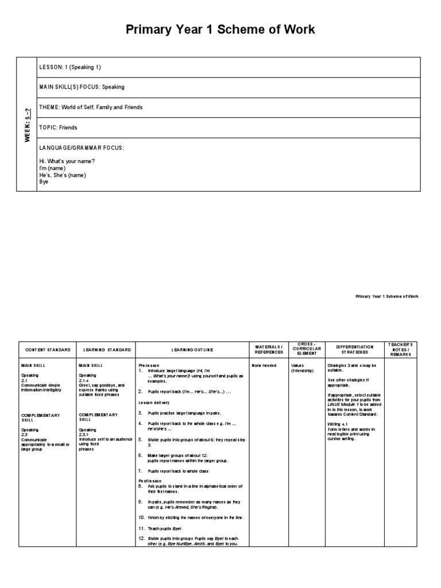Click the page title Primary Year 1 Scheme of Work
click(x=220, y=30)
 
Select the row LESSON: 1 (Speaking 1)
click(x=70, y=67)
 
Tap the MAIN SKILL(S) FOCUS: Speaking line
click(x=82, y=87)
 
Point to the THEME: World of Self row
click(x=91, y=107)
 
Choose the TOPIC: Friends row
click(x=58, y=127)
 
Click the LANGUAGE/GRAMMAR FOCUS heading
click(x=82, y=148)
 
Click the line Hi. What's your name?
click(x=67, y=161)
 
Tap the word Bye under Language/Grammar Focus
click(x=44, y=182)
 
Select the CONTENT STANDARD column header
click(x=48, y=350)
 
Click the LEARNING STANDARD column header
click(x=107, y=350)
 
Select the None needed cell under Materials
click(x=264, y=365)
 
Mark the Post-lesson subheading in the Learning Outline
click(x=150, y=480)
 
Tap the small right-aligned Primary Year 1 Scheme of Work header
click(x=387, y=296)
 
